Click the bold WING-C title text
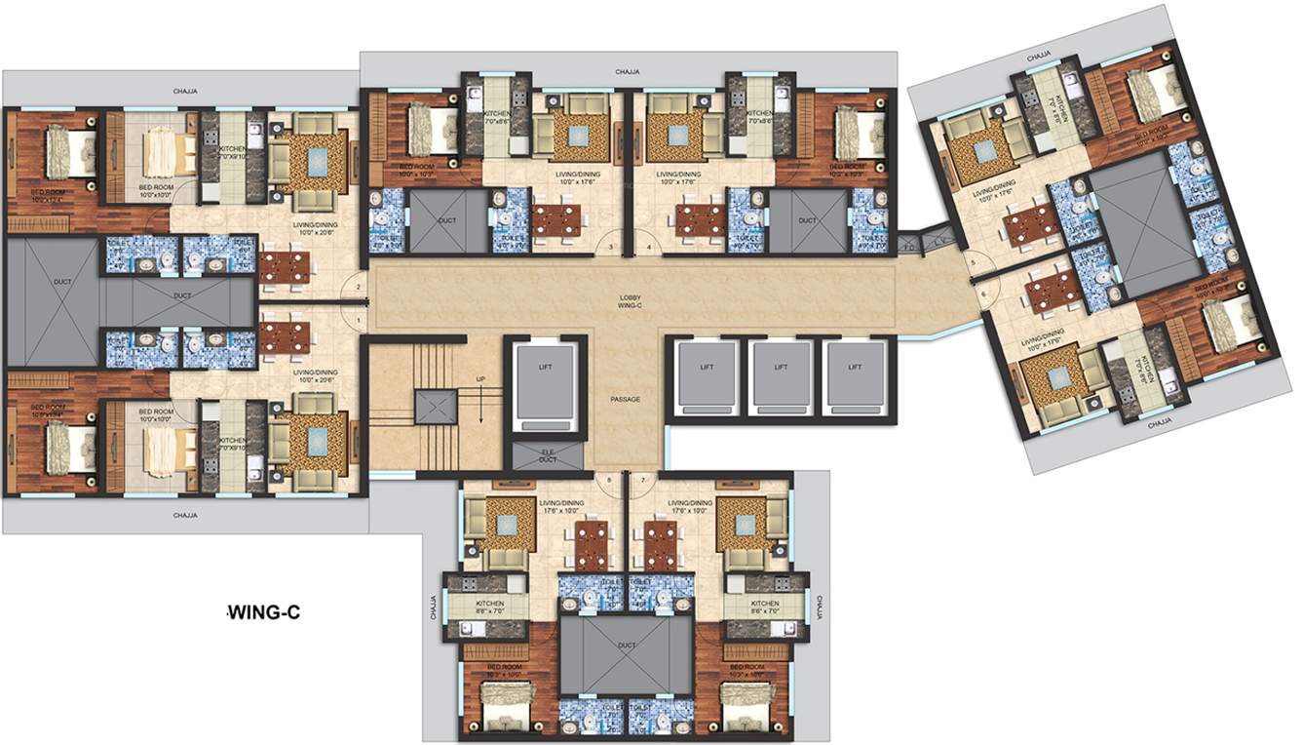pyautogui.click(x=262, y=613)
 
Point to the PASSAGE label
pyautogui.click(x=625, y=399)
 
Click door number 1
pyautogui.click(x=360, y=321)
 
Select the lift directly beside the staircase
pyautogui.click(x=546, y=382)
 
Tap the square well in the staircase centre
pyautogui.click(x=434, y=405)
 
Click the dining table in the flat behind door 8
pyautogui.click(x=592, y=543)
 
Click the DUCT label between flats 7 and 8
pyautogui.click(x=627, y=645)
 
